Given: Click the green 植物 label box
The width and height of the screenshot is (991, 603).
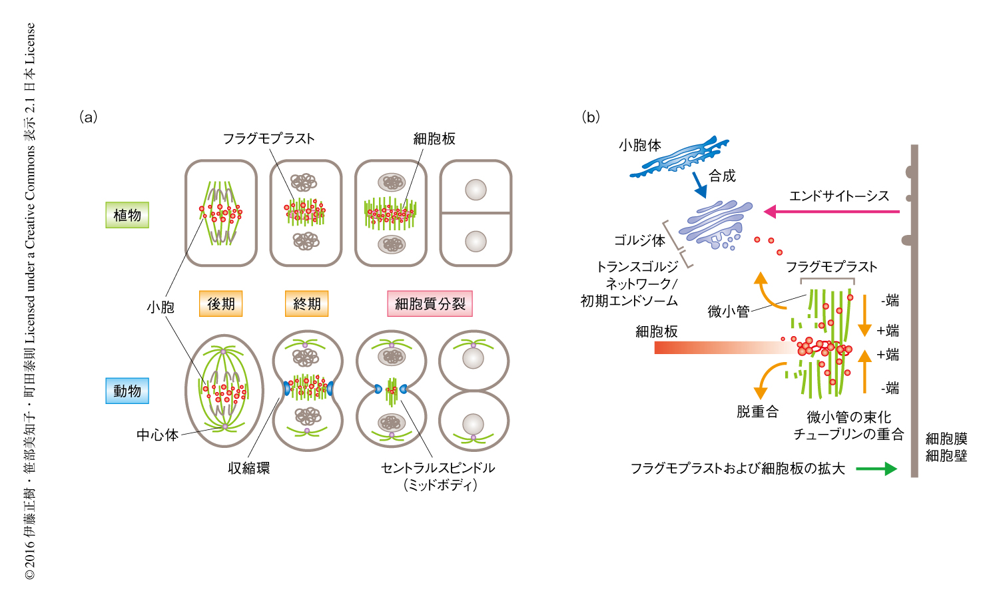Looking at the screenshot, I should click(x=127, y=215).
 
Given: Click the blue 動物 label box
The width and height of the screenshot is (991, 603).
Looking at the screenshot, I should click(x=127, y=391).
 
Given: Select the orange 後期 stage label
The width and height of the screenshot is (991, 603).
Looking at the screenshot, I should click(x=220, y=303).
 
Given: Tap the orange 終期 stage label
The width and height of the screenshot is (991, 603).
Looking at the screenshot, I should click(x=306, y=303).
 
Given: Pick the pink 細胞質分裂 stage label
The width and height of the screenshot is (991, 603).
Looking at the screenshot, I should click(x=430, y=303).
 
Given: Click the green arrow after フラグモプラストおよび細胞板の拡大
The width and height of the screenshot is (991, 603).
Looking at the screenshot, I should click(x=876, y=469).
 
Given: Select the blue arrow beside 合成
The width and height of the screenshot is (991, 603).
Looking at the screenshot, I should click(x=699, y=184).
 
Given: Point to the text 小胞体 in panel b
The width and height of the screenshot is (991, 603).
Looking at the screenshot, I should click(x=639, y=145).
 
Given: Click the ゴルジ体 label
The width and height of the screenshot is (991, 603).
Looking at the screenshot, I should click(x=639, y=240).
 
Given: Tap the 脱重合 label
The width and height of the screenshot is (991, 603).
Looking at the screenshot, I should click(x=757, y=412).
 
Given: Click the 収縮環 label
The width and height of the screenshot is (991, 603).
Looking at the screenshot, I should click(x=249, y=468).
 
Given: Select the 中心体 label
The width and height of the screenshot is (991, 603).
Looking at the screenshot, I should click(x=157, y=435).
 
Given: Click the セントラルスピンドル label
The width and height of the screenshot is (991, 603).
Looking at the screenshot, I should click(x=438, y=468).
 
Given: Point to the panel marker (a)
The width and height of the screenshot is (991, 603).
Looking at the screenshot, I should click(x=89, y=117).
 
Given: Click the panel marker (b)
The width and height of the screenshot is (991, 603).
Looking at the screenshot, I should click(x=591, y=117).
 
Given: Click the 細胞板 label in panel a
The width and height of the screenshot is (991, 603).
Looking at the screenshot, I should click(x=434, y=138).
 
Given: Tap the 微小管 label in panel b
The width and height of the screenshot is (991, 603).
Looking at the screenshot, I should click(x=729, y=311).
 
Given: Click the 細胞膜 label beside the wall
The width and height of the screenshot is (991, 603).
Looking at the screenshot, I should click(x=946, y=439).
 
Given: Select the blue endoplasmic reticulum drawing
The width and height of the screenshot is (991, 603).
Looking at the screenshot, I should click(x=679, y=157).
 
